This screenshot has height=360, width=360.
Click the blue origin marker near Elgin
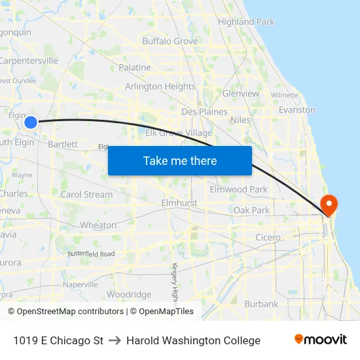31,122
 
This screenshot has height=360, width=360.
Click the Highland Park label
246,22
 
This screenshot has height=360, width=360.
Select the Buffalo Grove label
170,41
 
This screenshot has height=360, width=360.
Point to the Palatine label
135,67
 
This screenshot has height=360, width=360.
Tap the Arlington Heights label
160,86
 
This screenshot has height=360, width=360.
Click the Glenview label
241,94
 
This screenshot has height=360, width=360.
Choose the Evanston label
297,110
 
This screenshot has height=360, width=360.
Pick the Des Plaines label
205,112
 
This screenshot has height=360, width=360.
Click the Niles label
240,120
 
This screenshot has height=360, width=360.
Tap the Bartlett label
63,144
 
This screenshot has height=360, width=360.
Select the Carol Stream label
86,194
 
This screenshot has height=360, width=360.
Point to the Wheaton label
98,225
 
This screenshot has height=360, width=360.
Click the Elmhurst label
179,204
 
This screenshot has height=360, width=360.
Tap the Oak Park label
252,211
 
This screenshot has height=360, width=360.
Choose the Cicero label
268,238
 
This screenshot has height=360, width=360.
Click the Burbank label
261,304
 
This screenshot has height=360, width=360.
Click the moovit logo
321,340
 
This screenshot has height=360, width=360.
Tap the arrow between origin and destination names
115,340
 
